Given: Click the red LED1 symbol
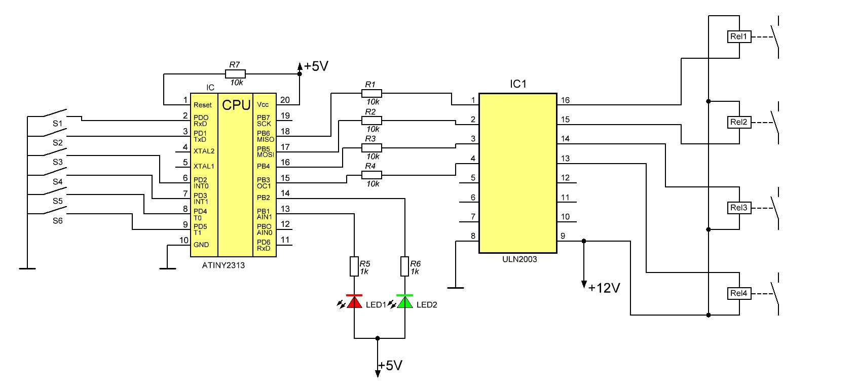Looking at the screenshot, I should coord(354,301).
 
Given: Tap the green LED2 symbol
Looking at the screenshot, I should coord(404,301).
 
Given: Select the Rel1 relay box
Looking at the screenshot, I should coord(739,36).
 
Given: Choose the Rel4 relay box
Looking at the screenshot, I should coord(739,293).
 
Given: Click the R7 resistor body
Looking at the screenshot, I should coord(235,74).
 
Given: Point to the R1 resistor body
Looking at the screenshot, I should coord(371,93).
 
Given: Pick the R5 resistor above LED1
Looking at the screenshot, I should coord(354,266).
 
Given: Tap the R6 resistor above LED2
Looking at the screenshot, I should coord(404,266).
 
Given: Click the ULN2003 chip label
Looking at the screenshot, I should coord(519,259).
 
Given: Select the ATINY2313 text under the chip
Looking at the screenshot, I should coord(223,265).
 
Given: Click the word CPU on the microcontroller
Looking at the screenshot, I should coord(236,105).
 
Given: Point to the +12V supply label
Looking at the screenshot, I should coord(604,288).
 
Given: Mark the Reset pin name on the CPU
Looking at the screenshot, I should coord(202,105).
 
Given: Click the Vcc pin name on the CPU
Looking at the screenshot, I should coord(263,104).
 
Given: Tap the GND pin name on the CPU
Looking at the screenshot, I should coord(201,245).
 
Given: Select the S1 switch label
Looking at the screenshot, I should coord(58,124).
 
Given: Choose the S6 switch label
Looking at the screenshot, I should coord(58,221).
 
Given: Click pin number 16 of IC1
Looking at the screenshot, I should coord(565,100).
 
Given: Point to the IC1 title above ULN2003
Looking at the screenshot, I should coord(518,84).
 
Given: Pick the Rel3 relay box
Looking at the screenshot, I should coord(739,208).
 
